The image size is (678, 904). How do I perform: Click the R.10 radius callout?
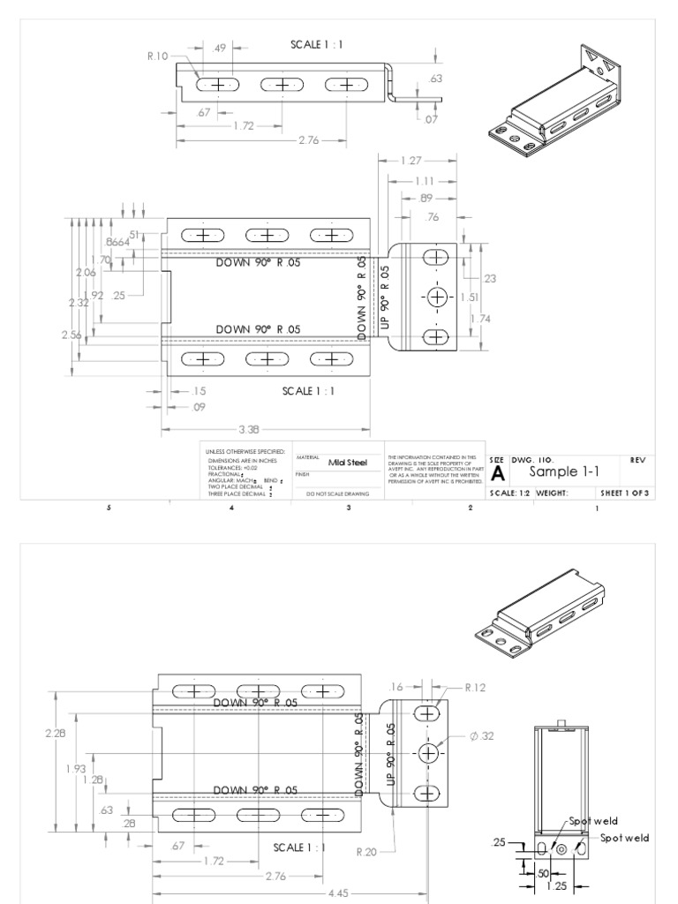157,56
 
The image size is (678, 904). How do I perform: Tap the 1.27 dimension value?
411,161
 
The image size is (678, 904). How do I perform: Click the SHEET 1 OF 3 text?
624,493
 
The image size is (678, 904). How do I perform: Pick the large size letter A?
497,474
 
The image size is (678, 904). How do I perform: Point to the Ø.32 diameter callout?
482,736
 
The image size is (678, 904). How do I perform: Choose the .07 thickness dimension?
430,119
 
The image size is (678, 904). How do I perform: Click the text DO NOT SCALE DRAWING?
337,494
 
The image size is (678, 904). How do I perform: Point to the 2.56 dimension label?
72,334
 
